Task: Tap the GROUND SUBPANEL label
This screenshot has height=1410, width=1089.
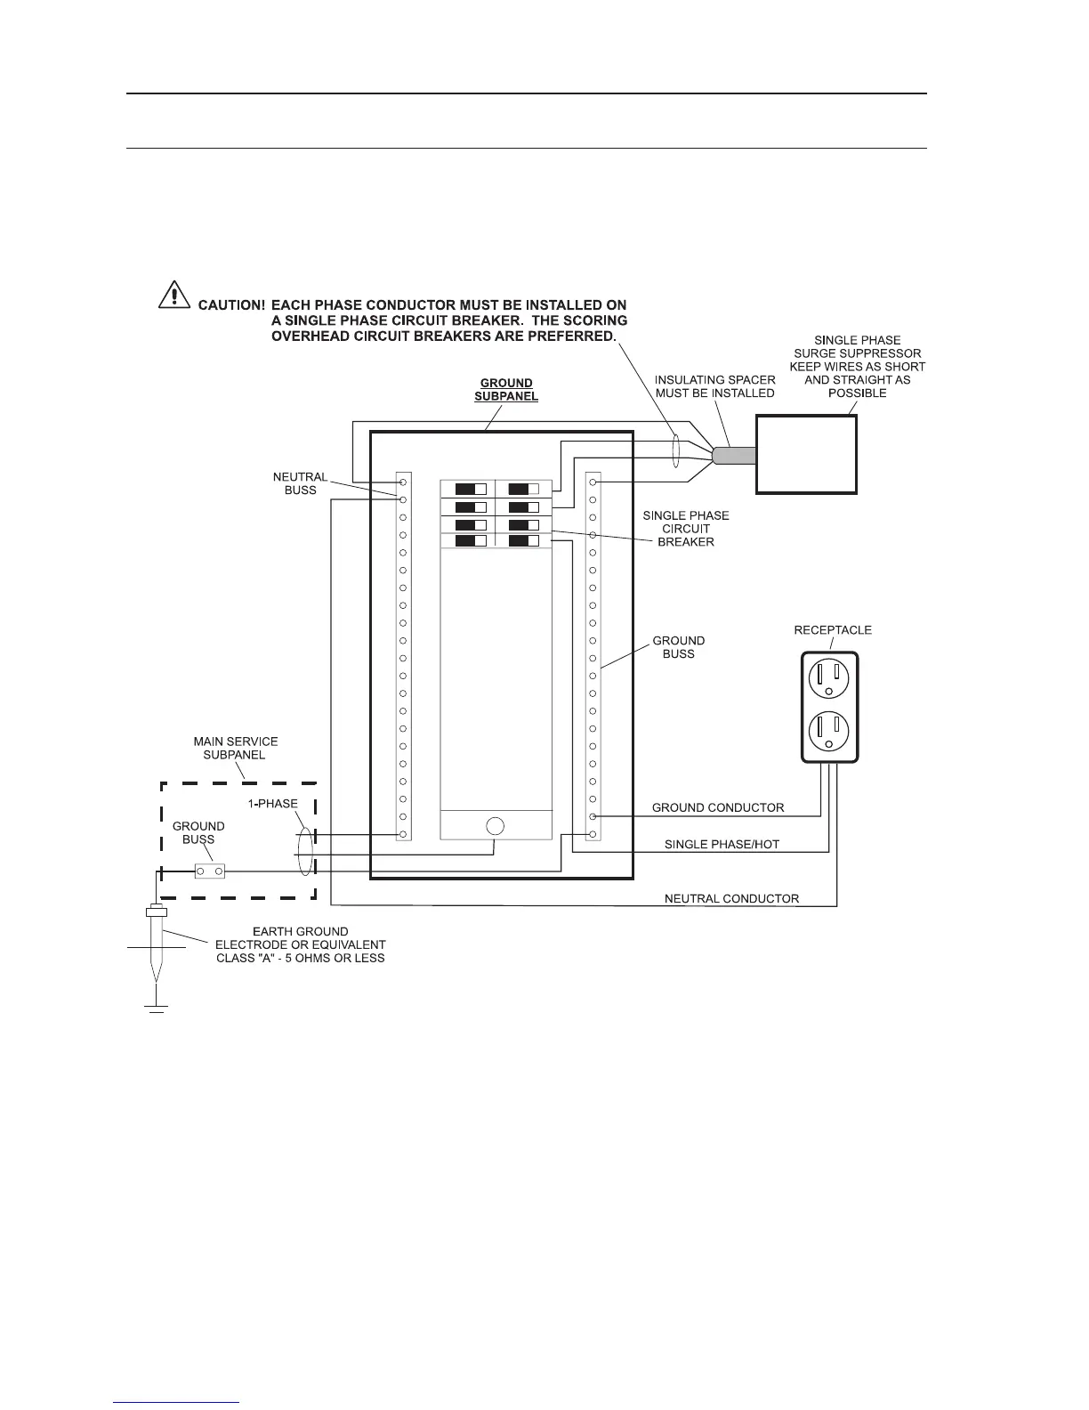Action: (506, 390)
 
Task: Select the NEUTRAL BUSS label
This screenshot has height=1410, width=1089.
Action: (300, 483)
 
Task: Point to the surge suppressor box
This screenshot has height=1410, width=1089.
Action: (806, 454)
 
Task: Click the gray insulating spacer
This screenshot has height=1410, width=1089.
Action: (734, 455)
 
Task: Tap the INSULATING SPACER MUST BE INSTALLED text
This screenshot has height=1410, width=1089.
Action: (714, 386)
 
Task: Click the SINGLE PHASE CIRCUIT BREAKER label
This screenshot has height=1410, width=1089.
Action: (685, 529)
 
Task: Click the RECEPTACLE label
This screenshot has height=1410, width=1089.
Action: (833, 630)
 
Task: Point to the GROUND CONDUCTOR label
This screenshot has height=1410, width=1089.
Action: (718, 808)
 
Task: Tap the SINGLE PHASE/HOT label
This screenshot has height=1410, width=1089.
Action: (722, 844)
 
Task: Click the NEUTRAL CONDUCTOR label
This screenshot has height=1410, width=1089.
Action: (731, 898)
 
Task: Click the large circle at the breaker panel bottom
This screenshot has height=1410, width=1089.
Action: (496, 825)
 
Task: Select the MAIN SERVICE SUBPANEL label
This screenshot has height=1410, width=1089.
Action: (236, 748)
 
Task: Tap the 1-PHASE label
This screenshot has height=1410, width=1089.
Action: (272, 803)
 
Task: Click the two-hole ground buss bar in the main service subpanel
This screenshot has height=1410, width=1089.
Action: (209, 871)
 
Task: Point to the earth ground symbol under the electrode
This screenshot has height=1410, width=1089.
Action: (157, 1008)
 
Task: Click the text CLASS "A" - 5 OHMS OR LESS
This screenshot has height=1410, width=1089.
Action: (300, 958)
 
